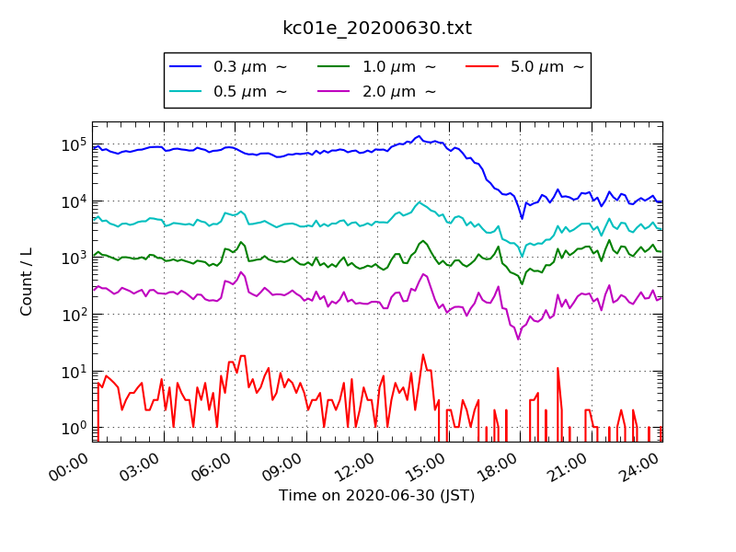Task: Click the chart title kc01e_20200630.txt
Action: pos(376,29)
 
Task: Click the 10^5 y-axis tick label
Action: pos(74,144)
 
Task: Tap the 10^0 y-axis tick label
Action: pos(74,428)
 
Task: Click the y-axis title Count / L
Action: pos(27,282)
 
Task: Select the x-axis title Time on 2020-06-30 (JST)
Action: pos(376,496)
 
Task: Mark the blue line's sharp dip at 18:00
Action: pos(522,218)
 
